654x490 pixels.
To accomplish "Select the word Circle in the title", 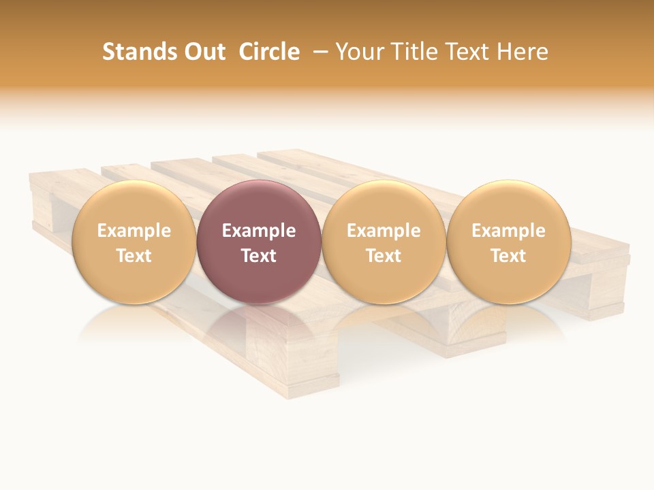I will click(269, 52).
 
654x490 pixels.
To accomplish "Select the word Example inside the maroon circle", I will click(259, 231).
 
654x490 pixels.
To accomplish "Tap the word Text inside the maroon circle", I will click(259, 256).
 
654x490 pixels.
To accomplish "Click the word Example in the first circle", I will click(134, 231).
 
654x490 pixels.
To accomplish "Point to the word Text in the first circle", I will click(134, 256).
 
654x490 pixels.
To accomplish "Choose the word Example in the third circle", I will click(384, 231).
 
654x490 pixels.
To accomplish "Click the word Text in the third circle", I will click(384, 256).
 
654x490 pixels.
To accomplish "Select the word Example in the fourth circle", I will click(508, 231).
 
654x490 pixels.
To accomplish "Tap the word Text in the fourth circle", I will click(508, 256).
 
